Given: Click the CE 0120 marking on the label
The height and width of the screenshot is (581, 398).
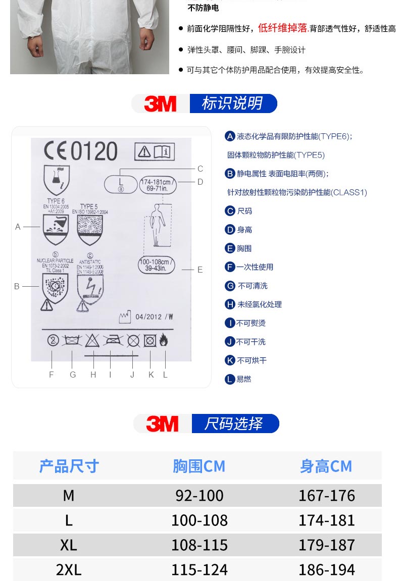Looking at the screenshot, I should (81, 151).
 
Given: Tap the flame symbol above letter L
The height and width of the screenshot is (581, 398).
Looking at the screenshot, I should (164, 341).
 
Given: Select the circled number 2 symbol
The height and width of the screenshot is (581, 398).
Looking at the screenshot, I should (53, 341).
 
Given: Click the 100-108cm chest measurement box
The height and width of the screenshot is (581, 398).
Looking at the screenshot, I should (156, 265).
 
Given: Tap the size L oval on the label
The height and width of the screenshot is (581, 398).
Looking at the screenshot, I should (121, 184).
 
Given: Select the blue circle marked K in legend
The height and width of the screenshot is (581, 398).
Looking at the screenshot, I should (230, 360).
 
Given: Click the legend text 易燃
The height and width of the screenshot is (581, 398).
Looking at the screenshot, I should (243, 379).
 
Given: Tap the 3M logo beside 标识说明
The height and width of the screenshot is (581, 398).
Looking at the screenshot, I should (160, 103).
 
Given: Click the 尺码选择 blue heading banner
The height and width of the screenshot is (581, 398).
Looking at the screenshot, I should (234, 424).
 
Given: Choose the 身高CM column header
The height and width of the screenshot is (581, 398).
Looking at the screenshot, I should (326, 466).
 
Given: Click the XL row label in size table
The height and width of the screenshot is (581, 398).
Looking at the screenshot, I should (69, 545).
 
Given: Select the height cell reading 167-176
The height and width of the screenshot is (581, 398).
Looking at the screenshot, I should (326, 495).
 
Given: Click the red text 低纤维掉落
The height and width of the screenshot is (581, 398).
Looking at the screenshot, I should (283, 28).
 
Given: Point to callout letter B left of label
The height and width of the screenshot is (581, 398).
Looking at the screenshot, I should (17, 286).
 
